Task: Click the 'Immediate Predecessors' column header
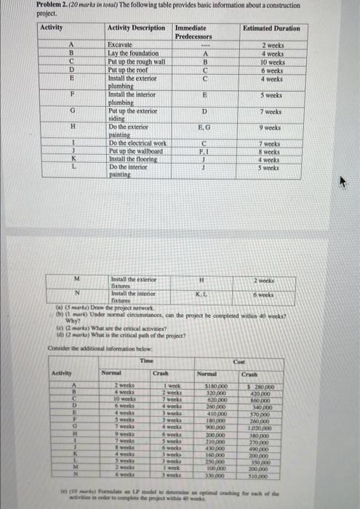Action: [193, 31]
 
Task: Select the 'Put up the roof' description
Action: [127, 69]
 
